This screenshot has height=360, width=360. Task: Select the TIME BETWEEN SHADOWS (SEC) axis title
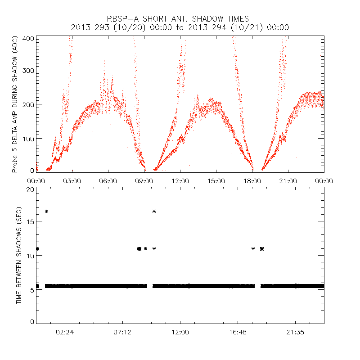coord(19,255)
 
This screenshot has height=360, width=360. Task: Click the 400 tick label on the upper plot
coord(29,38)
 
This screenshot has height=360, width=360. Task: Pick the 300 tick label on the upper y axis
coord(29,70)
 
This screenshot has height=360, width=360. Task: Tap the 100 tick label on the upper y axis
coord(29,138)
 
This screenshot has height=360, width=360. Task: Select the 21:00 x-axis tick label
coord(288,181)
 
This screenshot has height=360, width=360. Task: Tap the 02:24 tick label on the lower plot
coord(65,333)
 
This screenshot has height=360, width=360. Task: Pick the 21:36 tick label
coord(295,333)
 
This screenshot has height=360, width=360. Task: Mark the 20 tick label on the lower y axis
coord(31,189)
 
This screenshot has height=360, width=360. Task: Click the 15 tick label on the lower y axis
coord(31,222)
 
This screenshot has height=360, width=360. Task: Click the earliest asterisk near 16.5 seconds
coord(46,211)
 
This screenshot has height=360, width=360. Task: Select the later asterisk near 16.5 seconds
coord(154,211)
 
